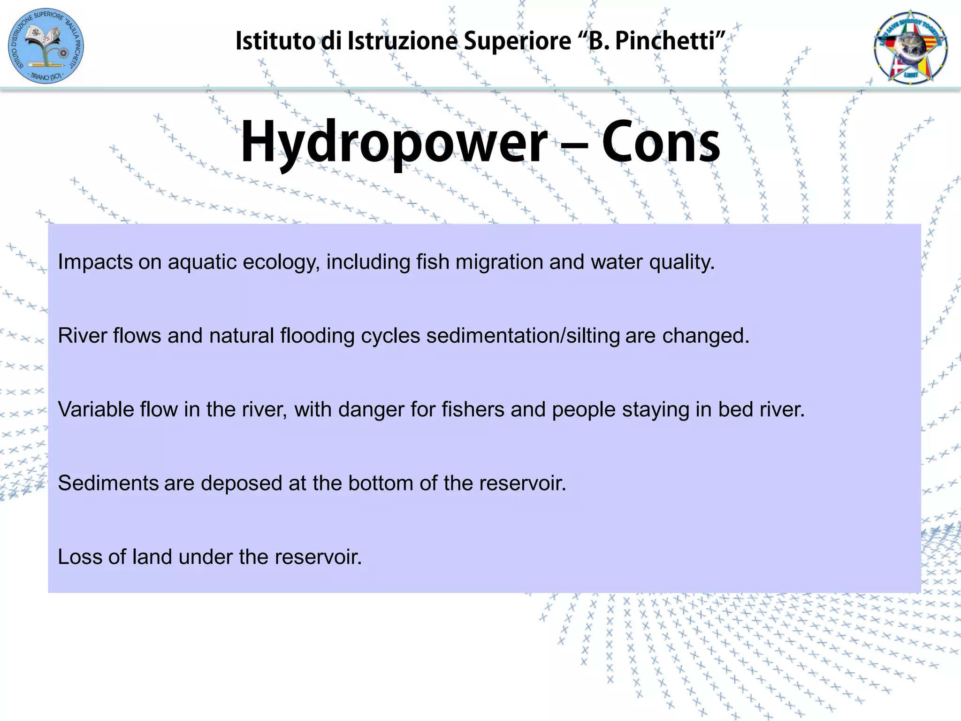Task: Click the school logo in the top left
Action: pos(46,46)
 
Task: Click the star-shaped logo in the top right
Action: pos(910,47)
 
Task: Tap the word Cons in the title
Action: pos(661,142)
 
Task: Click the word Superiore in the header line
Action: pos(517,41)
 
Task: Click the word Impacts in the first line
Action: pos(95,262)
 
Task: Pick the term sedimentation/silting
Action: pos(523,336)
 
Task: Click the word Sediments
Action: pos(108,483)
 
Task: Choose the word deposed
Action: pos(241,483)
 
